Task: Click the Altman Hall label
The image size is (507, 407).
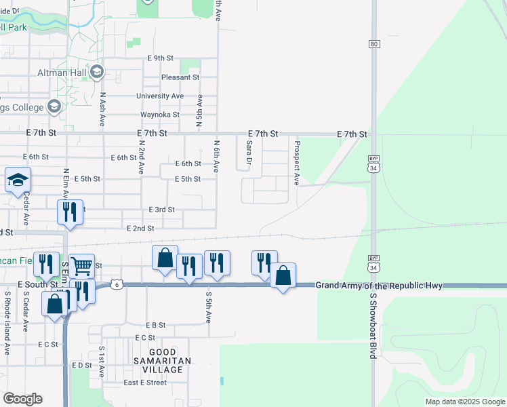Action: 66,72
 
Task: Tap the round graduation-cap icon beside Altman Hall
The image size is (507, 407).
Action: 97,72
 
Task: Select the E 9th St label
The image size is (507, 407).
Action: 161,58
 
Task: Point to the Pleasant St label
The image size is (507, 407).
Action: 180,77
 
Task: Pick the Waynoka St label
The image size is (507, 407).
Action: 160,115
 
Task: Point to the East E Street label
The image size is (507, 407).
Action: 144,383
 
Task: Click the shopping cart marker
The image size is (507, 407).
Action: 81,265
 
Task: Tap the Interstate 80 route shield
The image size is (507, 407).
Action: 374,44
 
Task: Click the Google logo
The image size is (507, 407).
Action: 22,399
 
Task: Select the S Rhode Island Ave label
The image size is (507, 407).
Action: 7,323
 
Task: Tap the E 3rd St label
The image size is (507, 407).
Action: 161,210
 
